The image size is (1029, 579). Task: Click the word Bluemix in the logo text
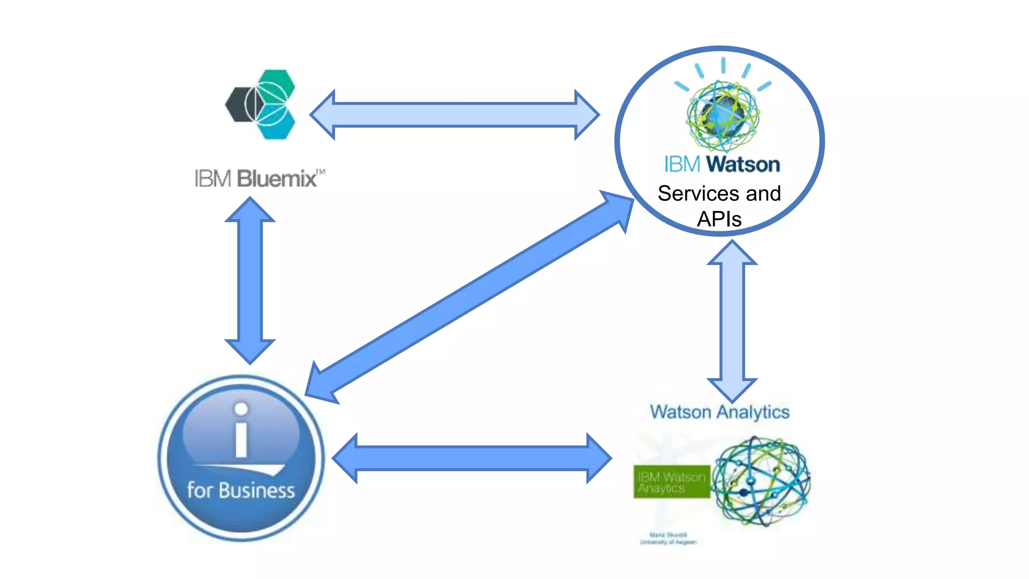click(x=277, y=179)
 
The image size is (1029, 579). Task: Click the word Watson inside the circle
click(x=743, y=164)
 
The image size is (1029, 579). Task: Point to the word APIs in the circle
click(x=719, y=219)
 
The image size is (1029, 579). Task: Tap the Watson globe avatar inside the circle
click(x=723, y=115)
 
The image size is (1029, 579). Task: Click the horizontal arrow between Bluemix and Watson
click(x=454, y=115)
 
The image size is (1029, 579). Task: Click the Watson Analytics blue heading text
click(x=719, y=412)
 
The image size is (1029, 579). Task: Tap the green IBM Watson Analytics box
click(x=672, y=482)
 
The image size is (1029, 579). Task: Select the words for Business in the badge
click(x=241, y=490)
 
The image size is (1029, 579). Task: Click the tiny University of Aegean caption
click(x=668, y=542)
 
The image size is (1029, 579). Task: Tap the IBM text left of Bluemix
click(x=213, y=179)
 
